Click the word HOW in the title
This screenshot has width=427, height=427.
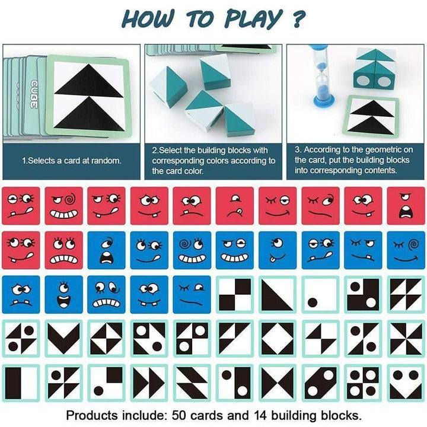(148, 18)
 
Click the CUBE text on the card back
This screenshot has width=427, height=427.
(33, 94)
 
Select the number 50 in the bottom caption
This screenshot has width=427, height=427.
(179, 416)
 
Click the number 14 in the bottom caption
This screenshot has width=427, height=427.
(260, 416)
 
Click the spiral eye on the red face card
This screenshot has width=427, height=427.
(70, 200)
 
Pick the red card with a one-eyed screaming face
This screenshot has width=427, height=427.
(406, 206)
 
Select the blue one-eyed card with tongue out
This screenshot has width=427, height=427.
(278, 250)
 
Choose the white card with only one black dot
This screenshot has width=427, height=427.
(320, 294)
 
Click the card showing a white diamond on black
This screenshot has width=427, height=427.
(278, 339)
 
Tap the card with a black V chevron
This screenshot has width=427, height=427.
(63, 339)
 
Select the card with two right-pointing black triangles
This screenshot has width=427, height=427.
(149, 383)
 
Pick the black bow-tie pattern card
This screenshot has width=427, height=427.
(278, 383)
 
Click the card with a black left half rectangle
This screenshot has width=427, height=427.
(21, 383)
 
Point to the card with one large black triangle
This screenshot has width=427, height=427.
(278, 294)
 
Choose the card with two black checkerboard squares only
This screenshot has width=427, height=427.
(235, 294)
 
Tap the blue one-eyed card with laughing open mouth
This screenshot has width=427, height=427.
(63, 294)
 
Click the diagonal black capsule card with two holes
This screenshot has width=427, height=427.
(320, 383)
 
